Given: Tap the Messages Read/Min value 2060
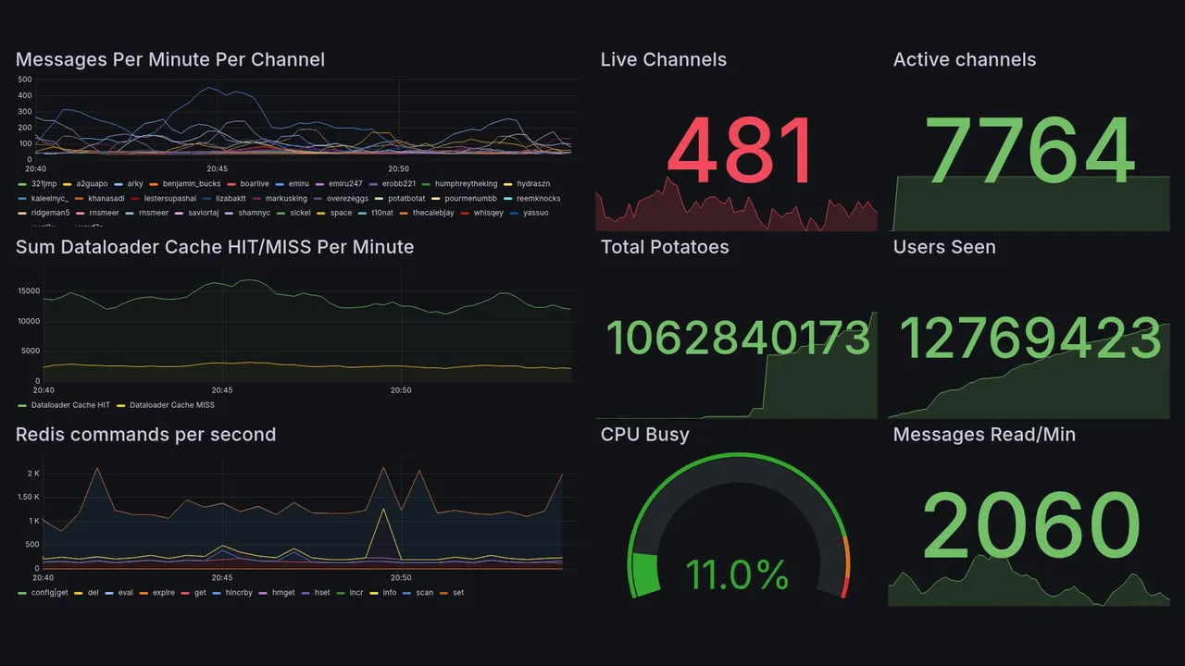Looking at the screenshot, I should tap(1031, 525).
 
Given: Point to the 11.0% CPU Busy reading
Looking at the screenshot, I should tap(737, 575).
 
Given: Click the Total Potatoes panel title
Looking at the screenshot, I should tap(665, 247).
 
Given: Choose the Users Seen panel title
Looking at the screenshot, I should tap(944, 247).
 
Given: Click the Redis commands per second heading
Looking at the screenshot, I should tap(145, 435).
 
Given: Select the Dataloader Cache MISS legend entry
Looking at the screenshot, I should tap(171, 405).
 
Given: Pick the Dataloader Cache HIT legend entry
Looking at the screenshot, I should tap(70, 405).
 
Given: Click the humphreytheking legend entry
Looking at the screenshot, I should tap(466, 184).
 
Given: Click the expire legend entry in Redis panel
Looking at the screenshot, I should tap(163, 593).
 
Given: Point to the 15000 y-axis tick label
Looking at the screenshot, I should tap(29, 291).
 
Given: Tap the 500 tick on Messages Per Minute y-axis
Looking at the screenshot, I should tap(25, 80).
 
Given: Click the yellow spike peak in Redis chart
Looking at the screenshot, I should tap(382, 509).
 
